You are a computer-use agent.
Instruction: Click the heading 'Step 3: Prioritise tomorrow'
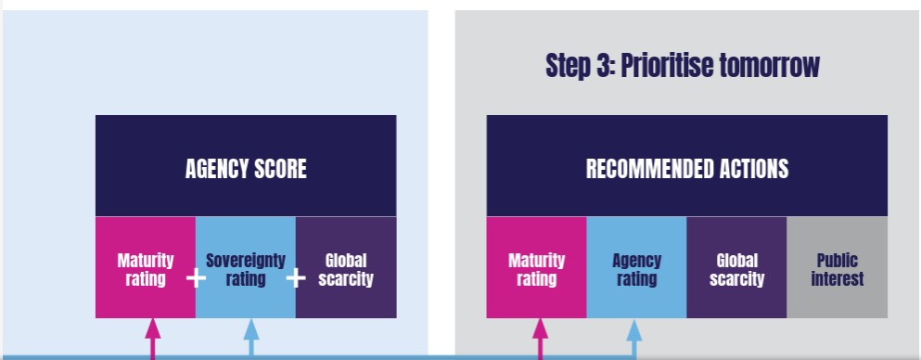pos(682,65)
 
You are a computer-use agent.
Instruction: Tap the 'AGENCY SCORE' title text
pos(246,169)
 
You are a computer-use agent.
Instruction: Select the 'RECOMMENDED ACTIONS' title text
pos(687,169)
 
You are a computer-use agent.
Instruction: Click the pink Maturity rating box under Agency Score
pos(146,267)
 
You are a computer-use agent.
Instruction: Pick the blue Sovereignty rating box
pos(246,267)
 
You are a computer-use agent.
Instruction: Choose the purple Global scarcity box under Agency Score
pos(346,267)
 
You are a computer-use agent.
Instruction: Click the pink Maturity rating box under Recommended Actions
pos(536,267)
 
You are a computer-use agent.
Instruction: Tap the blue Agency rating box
pos(636,267)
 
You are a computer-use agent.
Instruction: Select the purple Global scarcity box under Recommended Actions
pos(736,267)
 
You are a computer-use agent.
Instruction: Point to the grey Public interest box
pos(837,267)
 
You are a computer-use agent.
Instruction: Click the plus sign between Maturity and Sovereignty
pos(196,277)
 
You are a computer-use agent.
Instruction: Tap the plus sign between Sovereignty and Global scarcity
pos(296,277)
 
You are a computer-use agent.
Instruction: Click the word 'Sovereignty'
pos(246,261)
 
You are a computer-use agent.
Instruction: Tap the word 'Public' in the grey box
pos(837,260)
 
